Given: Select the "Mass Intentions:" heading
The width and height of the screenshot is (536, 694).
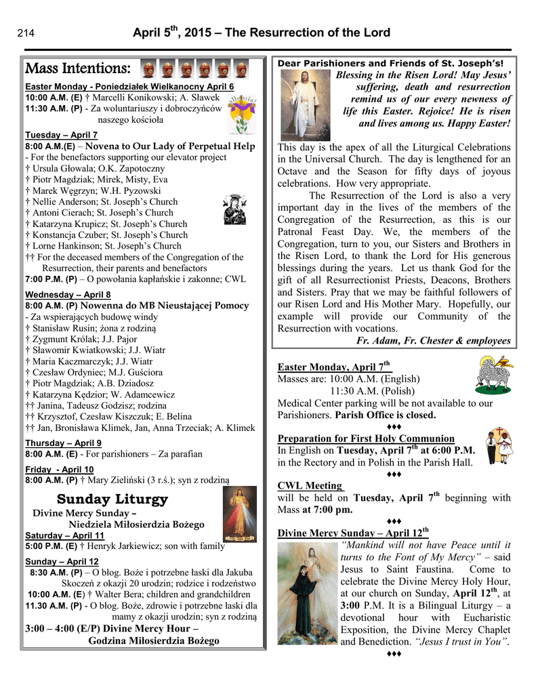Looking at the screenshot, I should (x=77, y=68).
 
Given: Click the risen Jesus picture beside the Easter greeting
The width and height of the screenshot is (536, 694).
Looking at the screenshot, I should (x=304, y=105).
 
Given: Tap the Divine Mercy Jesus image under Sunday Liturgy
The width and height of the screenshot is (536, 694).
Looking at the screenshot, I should (x=239, y=514).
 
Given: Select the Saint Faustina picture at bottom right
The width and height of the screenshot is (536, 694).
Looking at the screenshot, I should (x=307, y=593).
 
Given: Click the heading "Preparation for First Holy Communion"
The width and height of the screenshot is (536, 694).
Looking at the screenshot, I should (x=366, y=438).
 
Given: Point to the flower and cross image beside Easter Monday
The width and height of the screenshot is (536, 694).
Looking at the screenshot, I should (x=241, y=113).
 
